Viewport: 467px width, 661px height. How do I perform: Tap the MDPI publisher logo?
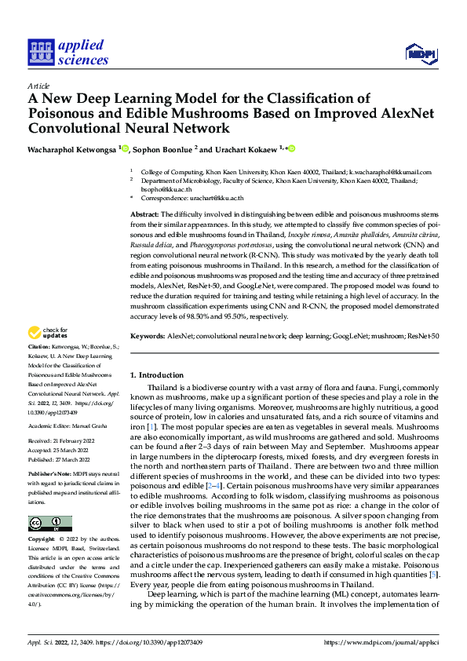(x=421, y=53)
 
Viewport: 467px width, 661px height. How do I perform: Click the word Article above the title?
(x=38, y=85)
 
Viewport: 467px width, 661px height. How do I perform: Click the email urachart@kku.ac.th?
(x=216, y=199)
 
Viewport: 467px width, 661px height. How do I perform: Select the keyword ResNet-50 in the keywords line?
(x=423, y=335)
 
